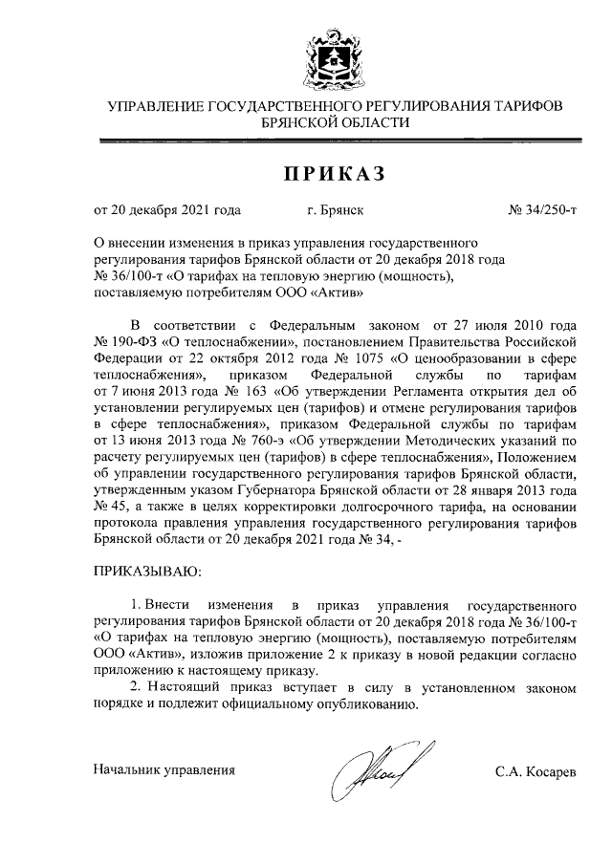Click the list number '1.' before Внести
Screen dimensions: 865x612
(x=136, y=605)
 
